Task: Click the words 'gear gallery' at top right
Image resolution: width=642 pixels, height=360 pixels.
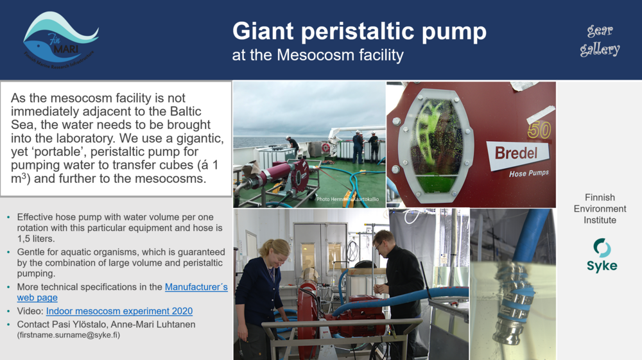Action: [x=600, y=40]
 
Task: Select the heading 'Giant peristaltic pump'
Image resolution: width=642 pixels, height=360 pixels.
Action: [x=359, y=31]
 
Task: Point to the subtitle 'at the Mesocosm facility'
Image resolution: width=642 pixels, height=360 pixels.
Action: [x=318, y=55]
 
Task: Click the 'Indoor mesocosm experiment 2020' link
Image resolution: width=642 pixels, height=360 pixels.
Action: [x=119, y=311]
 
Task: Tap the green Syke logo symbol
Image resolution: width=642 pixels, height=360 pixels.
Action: [x=602, y=247]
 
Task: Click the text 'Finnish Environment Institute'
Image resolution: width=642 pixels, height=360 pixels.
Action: [x=600, y=209]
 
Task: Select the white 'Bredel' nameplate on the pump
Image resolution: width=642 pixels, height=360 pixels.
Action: [x=521, y=154]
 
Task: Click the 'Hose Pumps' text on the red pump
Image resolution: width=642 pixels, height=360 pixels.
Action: [x=531, y=173]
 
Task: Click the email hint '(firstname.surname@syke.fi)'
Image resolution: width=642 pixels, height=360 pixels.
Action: [x=69, y=335]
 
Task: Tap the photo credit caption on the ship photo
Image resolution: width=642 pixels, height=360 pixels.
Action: [x=347, y=200]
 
